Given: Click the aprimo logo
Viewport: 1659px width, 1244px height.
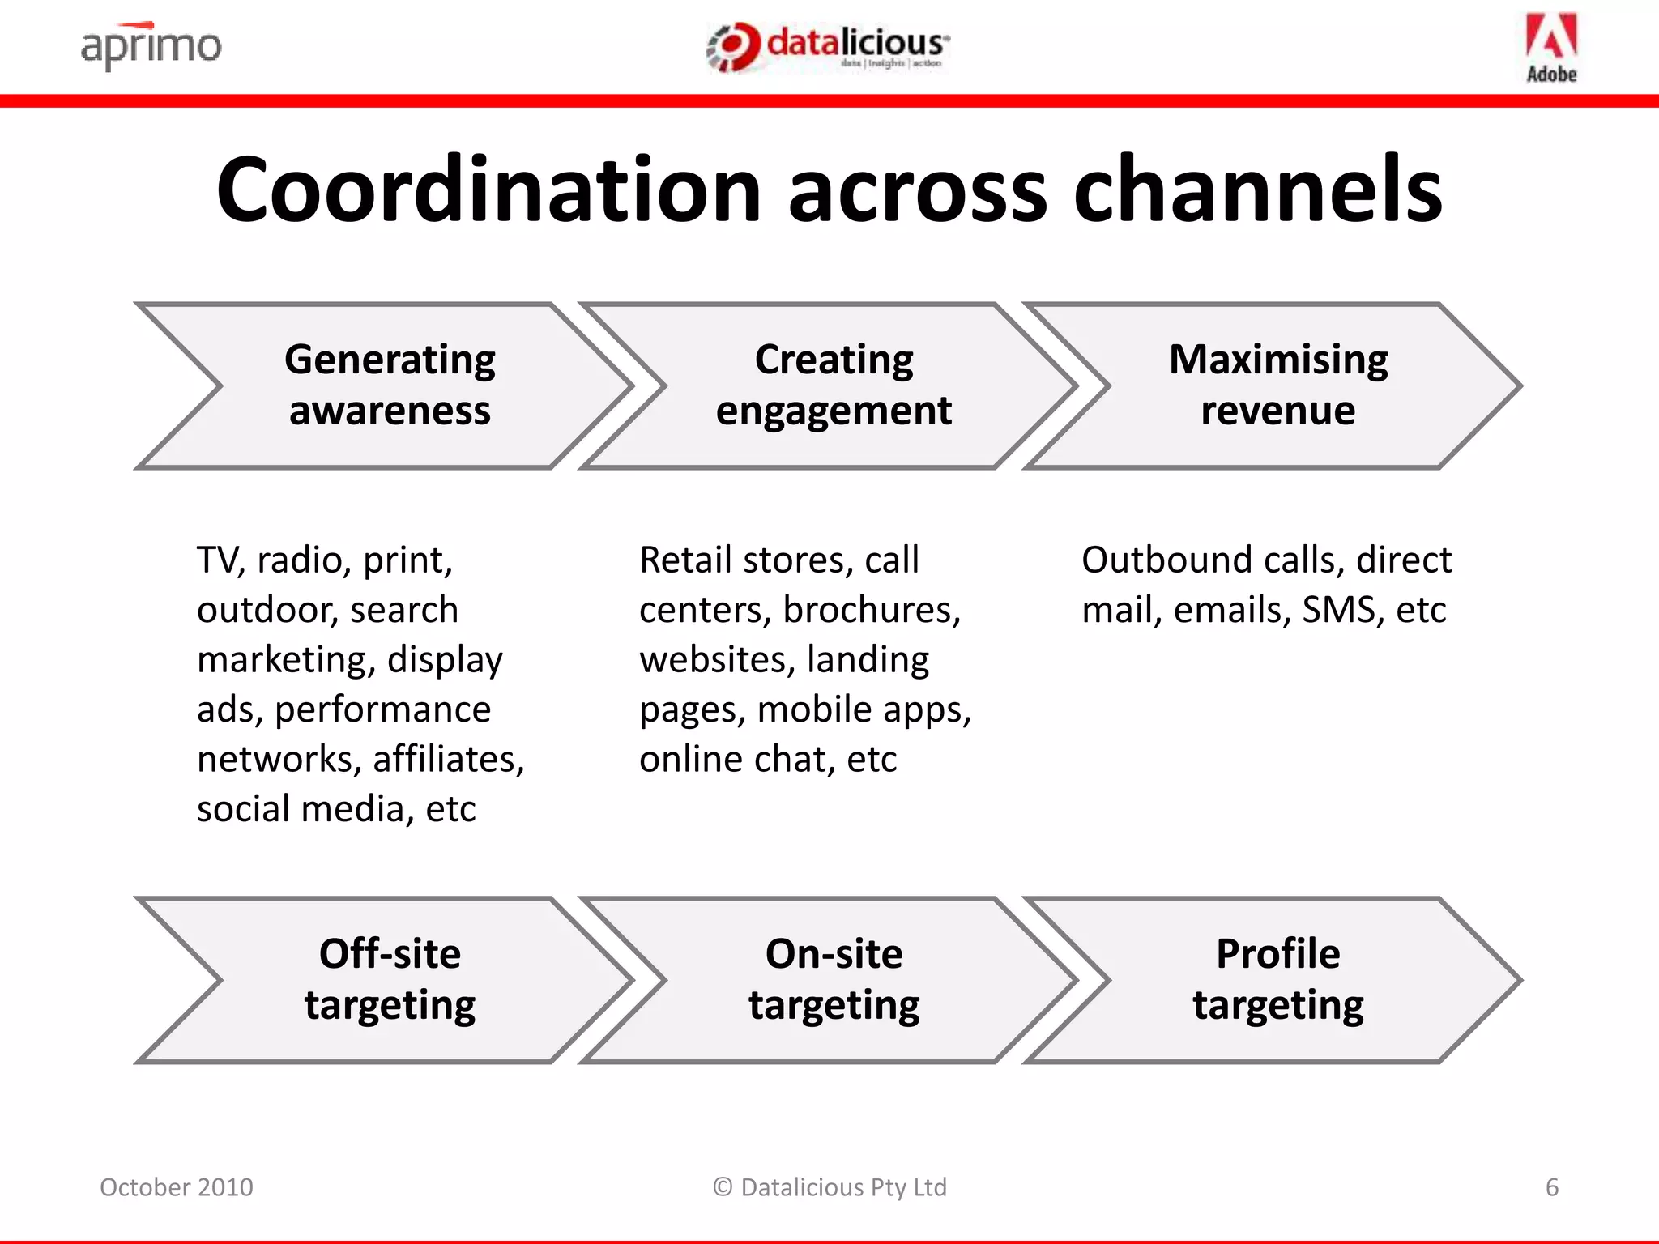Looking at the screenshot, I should coord(151,47).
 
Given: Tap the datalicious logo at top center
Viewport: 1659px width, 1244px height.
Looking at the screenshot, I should coord(828,47).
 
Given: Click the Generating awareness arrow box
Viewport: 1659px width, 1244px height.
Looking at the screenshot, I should coord(390,386).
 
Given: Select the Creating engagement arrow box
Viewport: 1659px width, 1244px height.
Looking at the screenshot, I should coord(834,386).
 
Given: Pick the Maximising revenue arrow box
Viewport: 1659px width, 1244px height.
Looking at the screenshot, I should coord(1277,386).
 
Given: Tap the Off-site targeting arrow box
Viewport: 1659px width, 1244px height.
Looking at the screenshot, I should coord(390,979).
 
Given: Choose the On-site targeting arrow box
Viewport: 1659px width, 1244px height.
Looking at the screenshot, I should coord(834,979).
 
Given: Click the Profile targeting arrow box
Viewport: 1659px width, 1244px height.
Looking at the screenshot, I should coord(1277,979).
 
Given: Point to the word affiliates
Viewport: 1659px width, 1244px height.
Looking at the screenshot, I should coord(448,760).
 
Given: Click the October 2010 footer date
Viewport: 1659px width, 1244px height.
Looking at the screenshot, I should coord(177,1187).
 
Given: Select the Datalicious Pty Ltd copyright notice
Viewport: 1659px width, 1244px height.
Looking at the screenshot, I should coord(829,1187).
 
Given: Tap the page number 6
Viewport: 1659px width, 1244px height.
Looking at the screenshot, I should coord(1551,1187).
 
